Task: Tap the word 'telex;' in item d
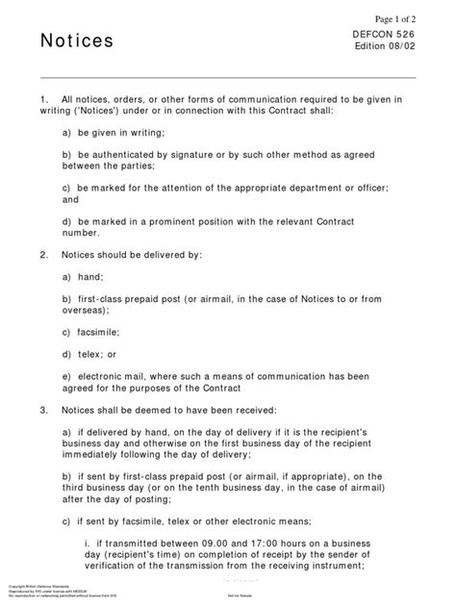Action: (x=90, y=354)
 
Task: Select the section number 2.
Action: (x=44, y=255)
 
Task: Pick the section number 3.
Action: (x=44, y=408)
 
